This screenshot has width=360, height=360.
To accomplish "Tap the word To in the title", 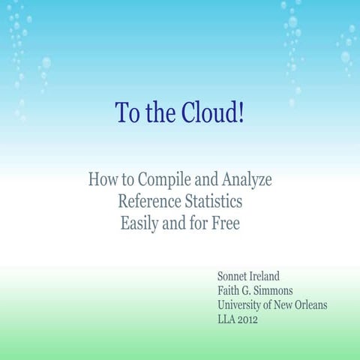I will coord(125,113).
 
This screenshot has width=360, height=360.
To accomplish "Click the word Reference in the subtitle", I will coord(150,202).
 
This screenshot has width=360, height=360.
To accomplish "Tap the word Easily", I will coord(142,223).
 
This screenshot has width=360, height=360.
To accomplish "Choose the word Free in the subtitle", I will coord(224,223).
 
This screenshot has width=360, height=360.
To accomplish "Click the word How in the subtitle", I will coord(101,180).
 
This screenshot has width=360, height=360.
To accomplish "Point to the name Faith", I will coord(230,290).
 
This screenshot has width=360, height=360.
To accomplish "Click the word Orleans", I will coord(308,305).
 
